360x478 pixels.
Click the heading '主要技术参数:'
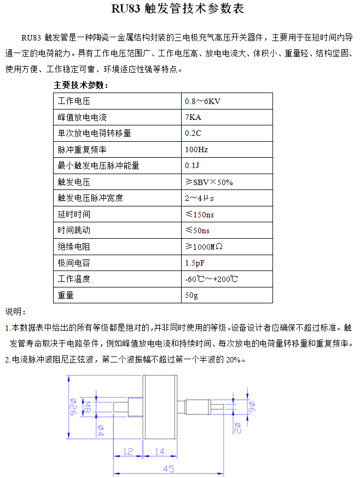point(81,85)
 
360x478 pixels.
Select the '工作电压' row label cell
point(74,101)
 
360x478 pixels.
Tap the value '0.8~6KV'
point(202,101)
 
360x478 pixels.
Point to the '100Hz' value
point(196,149)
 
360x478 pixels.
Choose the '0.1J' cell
point(192,166)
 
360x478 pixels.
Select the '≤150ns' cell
point(200,214)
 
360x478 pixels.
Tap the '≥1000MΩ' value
point(204,246)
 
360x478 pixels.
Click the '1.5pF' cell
point(195,263)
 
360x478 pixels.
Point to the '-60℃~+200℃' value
point(211,279)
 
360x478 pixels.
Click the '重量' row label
point(66,295)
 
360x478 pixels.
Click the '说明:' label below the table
point(16,312)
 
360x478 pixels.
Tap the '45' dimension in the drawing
point(169,469)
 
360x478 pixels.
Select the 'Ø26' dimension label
point(72,407)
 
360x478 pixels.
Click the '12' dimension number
point(127,452)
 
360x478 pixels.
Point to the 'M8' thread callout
point(86,406)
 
